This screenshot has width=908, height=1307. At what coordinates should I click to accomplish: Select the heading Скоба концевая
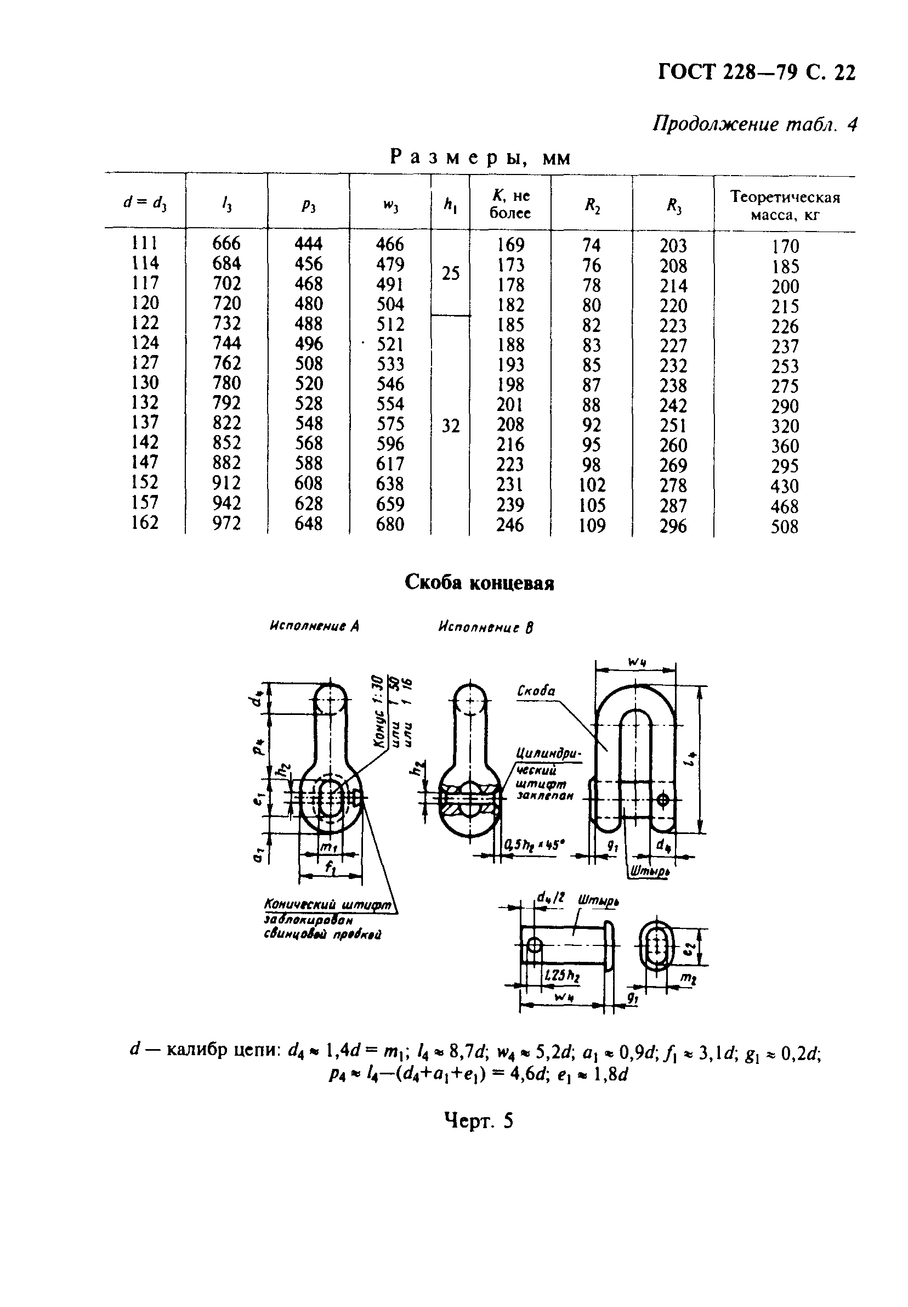point(479,582)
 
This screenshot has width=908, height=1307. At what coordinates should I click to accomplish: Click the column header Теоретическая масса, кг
point(785,205)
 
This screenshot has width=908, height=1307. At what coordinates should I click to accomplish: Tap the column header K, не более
point(510,204)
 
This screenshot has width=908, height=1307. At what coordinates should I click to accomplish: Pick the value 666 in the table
point(226,244)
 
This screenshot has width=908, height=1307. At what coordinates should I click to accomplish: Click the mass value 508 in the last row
point(785,527)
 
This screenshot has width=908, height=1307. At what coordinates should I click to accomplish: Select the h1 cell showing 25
point(451,274)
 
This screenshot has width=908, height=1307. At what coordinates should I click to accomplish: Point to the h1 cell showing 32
point(451,426)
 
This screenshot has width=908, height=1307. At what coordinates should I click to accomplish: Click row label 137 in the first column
point(145,423)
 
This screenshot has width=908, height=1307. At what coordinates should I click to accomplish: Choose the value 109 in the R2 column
point(592,526)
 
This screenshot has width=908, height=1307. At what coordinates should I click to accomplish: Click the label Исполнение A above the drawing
point(315,626)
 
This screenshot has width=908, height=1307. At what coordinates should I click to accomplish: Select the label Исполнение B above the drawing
point(486,627)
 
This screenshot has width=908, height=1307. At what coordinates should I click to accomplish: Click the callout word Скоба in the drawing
point(535,690)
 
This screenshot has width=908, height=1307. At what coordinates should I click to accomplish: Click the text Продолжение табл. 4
point(754,124)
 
